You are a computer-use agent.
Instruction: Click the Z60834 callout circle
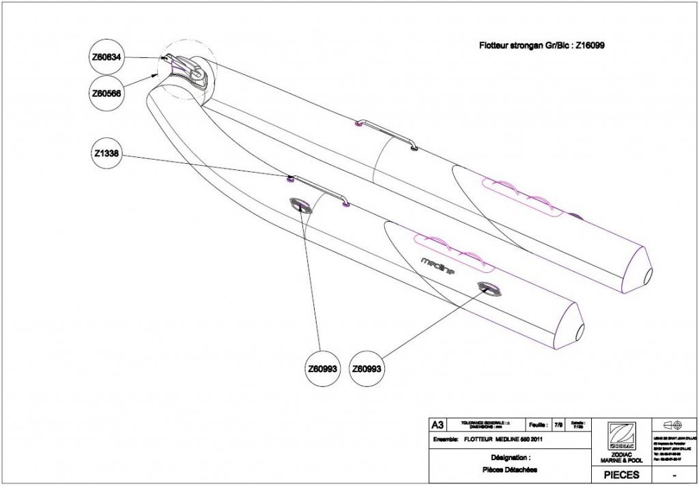pos(106,59)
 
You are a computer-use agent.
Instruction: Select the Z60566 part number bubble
pos(106,94)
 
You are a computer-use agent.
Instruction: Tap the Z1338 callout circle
pos(106,154)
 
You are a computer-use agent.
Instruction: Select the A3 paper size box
pos(437,425)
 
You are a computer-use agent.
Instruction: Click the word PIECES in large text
pos(622,474)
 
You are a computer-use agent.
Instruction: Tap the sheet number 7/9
pos(558,425)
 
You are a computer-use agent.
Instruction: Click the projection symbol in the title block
pos(675,424)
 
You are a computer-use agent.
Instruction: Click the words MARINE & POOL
pos(622,461)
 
